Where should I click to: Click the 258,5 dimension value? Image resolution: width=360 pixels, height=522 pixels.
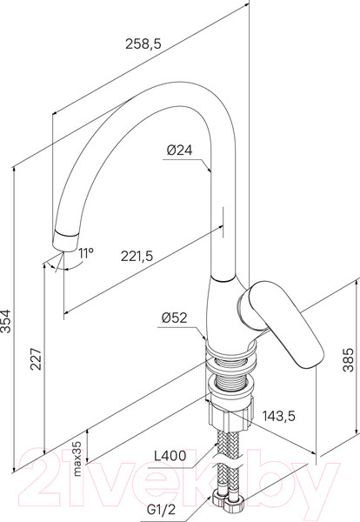point(143,43)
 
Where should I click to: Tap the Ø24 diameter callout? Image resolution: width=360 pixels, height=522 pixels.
point(180,151)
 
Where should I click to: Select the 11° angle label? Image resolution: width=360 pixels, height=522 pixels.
point(86,253)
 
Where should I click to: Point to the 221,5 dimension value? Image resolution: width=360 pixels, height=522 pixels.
point(137,256)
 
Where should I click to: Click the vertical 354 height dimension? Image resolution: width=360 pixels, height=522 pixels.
point(6,321)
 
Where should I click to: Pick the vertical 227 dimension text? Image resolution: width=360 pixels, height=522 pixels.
point(36,358)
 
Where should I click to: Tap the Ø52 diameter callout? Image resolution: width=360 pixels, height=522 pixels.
point(175,318)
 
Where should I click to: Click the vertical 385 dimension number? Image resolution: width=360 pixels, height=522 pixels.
point(349,359)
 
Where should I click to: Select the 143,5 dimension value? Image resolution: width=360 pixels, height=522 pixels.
point(279,416)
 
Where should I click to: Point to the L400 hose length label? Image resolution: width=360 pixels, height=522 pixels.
point(170,456)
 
